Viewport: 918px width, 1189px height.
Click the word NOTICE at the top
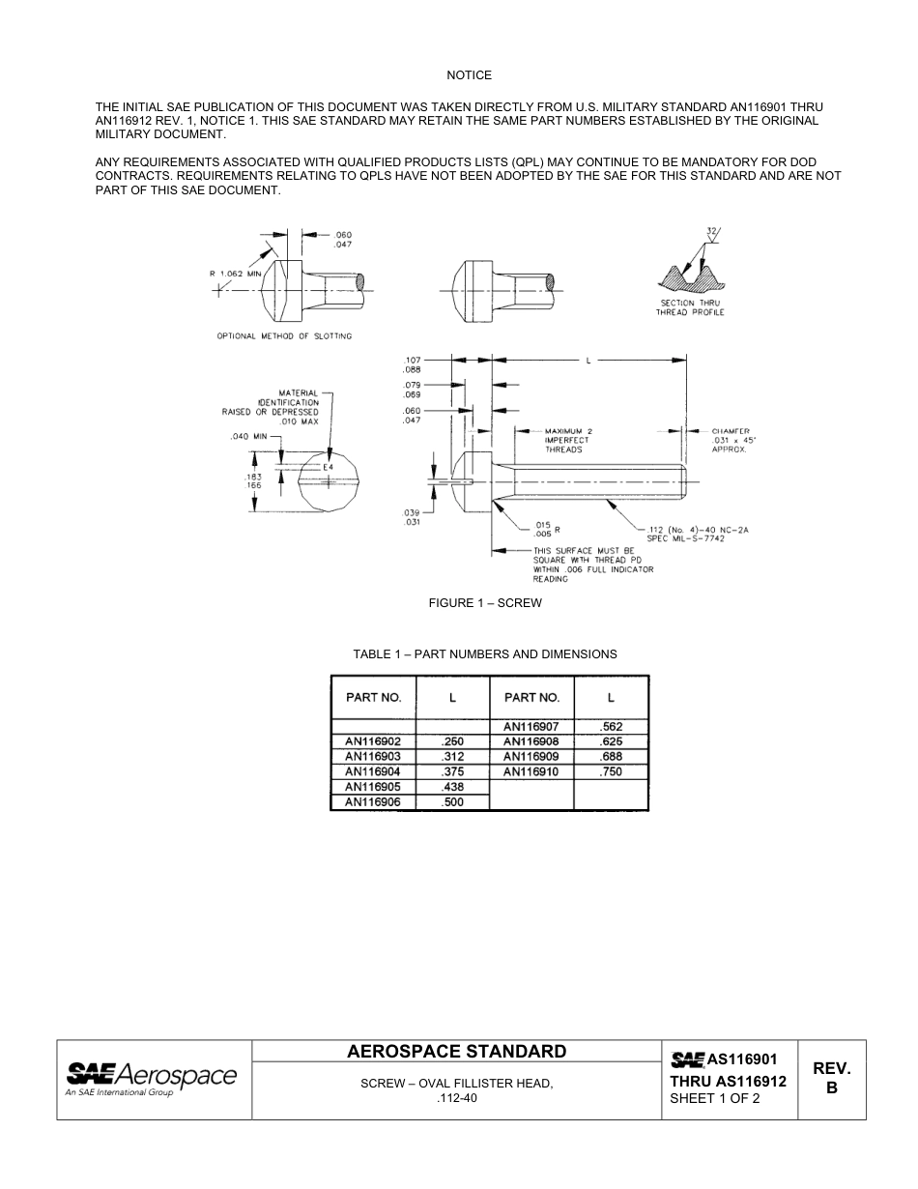point(469,75)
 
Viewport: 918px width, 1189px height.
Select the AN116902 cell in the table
point(373,741)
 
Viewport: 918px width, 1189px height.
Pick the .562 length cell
point(611,726)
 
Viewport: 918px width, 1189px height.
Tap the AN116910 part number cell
point(531,771)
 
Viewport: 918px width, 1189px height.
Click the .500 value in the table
point(452,802)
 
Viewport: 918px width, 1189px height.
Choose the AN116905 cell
point(373,787)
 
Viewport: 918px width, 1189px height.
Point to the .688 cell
point(611,756)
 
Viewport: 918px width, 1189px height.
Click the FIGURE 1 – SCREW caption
point(485,603)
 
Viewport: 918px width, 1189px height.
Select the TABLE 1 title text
point(485,654)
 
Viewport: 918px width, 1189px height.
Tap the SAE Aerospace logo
point(151,1077)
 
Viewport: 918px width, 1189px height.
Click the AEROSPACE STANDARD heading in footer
point(457,1052)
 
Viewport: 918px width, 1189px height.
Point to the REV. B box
point(831,1078)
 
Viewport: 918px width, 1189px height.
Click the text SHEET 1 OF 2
point(715,1098)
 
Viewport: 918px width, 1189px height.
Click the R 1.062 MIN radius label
point(237,274)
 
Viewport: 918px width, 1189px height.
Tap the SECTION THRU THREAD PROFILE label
point(690,307)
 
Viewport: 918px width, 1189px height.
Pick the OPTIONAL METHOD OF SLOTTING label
point(284,336)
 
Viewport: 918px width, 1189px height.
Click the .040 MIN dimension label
point(248,437)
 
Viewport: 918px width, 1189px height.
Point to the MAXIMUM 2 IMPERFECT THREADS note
point(567,440)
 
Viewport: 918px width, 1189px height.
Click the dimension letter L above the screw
point(588,360)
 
